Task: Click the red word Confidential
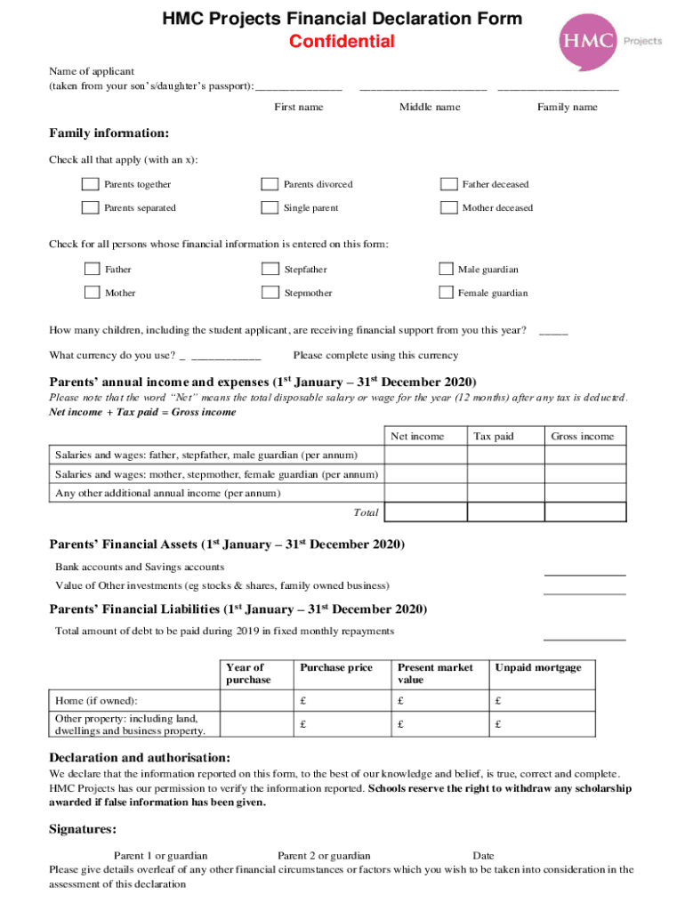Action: tap(342, 42)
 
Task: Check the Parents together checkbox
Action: tap(90, 184)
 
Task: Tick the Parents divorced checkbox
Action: tap(269, 184)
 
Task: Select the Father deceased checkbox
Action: tap(448, 184)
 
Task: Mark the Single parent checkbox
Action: tap(269, 207)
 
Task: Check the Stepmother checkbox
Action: tap(269, 293)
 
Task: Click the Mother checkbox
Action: tap(92, 293)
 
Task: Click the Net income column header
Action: tap(417, 436)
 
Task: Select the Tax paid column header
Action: tap(493, 436)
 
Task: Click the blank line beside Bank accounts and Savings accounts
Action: tap(584, 574)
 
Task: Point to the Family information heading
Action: tap(109, 133)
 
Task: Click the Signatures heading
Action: tap(82, 829)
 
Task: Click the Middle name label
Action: tap(430, 107)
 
